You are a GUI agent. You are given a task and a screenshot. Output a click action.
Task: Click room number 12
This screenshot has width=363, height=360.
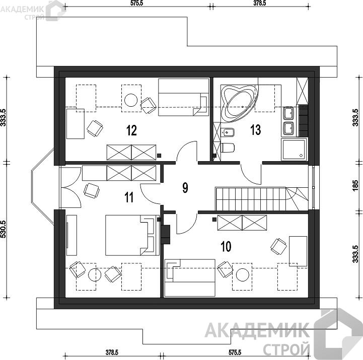click(131, 130)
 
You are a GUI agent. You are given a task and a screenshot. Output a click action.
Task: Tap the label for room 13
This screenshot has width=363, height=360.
click(256, 129)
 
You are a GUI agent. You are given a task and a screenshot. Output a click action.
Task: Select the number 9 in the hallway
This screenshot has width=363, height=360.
click(185, 187)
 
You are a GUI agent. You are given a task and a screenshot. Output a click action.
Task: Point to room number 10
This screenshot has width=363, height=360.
click(226, 246)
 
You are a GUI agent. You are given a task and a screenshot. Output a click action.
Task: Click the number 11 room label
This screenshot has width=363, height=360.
click(129, 197)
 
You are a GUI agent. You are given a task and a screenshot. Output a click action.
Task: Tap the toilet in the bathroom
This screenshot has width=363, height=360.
click(228, 148)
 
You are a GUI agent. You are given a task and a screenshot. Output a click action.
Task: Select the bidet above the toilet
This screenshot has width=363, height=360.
click(228, 133)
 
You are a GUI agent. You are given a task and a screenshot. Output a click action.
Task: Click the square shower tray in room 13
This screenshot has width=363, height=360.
click(294, 149)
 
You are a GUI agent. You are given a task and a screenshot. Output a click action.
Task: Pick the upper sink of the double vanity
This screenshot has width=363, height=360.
click(288, 113)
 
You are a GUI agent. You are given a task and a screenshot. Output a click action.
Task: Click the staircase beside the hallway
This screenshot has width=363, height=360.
click(262, 199)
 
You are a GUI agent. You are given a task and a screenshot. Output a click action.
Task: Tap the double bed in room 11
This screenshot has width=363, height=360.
click(132, 235)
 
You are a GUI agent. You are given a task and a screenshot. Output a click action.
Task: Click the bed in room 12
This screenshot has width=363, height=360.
click(184, 97)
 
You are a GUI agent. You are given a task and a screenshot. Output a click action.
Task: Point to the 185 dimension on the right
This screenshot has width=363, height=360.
click(356, 186)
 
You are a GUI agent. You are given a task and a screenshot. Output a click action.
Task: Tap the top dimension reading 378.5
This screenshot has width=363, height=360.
click(259, 3)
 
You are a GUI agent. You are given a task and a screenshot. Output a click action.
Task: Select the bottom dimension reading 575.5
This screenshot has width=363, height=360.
click(235, 352)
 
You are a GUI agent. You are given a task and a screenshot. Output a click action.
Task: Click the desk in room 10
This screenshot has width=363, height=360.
click(298, 251)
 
